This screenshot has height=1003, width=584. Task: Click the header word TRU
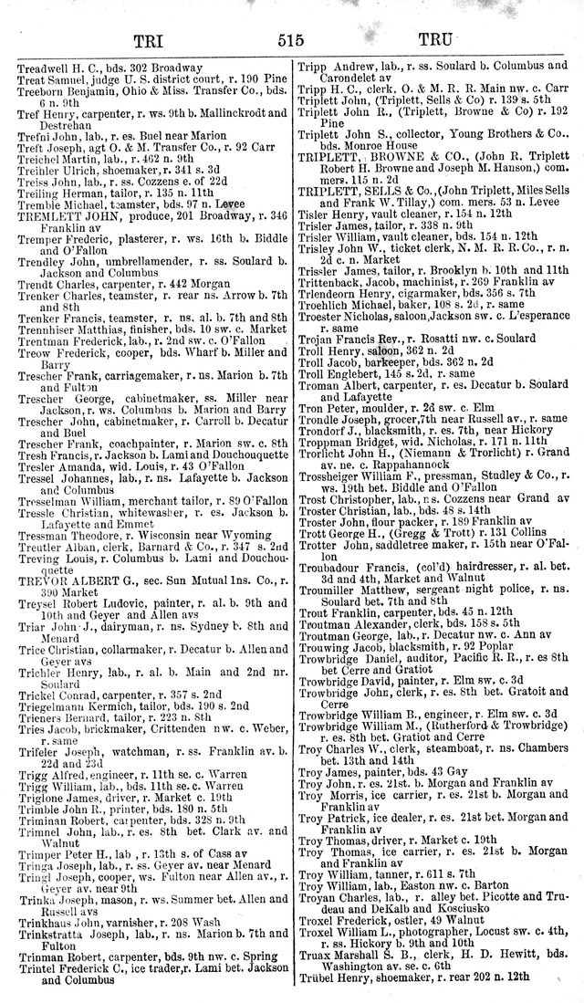[x=441, y=40]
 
